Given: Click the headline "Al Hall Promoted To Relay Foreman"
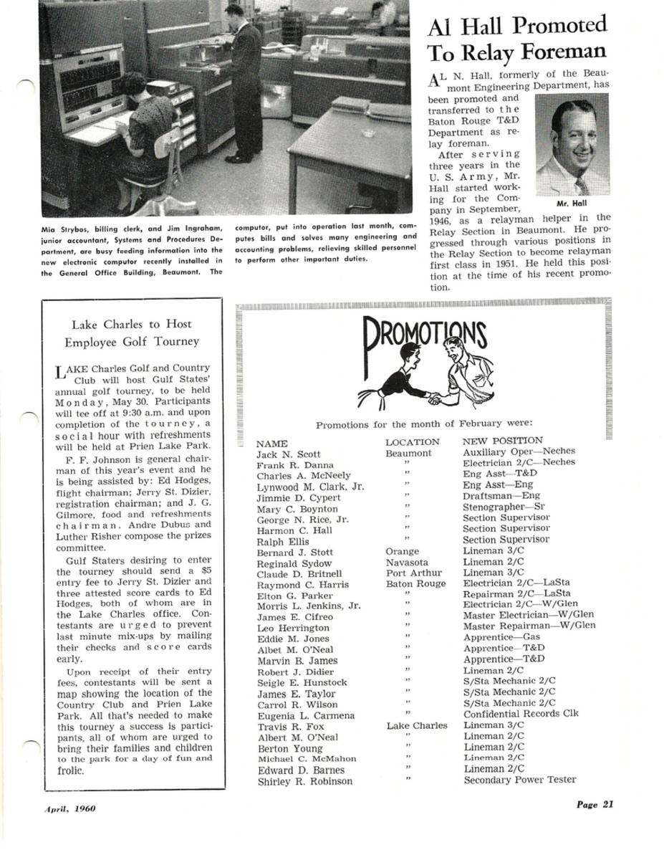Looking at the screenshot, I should (516, 39).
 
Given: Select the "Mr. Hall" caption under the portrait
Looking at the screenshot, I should (572, 203).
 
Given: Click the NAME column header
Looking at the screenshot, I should (271, 444).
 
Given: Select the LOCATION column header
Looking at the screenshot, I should (412, 442).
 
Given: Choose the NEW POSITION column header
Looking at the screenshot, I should (502, 441).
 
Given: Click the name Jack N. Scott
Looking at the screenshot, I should (288, 454).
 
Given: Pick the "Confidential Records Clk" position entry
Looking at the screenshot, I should (521, 714).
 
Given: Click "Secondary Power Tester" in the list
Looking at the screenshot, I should (519, 780).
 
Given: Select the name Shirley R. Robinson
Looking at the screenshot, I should (304, 782).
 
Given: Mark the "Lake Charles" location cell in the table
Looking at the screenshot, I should (416, 726).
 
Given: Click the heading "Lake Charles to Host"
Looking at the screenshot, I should (132, 324).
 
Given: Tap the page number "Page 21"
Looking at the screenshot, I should (595, 804).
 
